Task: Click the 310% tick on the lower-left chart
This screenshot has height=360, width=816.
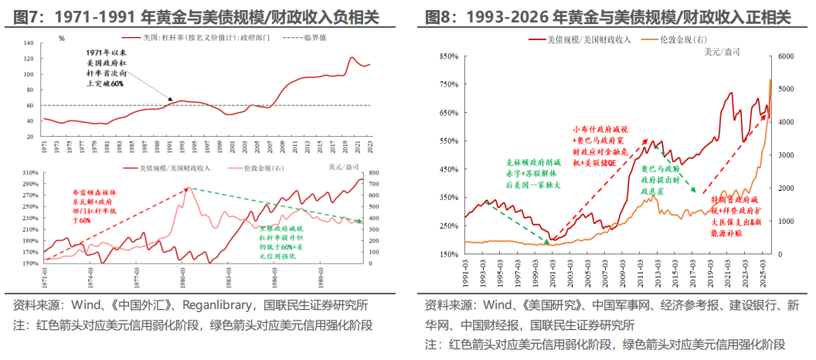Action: (29, 172)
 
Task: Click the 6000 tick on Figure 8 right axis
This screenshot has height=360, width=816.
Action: (787, 56)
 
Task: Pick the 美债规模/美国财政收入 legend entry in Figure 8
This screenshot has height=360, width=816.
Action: (587, 39)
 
